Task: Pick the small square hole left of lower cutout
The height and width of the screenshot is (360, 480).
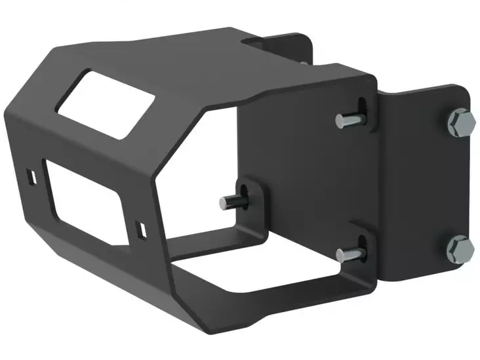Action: point(31,176)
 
